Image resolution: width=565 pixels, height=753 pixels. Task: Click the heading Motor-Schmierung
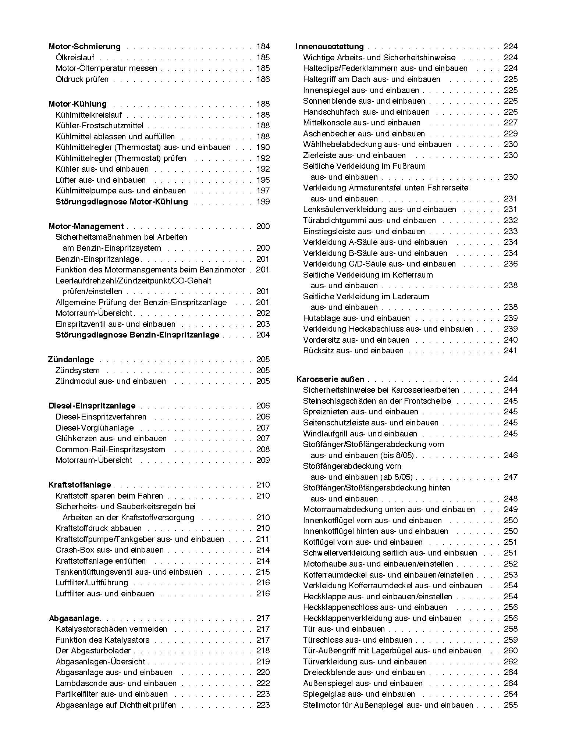84,47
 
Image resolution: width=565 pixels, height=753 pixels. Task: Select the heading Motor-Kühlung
77,104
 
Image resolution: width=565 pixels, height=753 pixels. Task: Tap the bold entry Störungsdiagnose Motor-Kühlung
121,202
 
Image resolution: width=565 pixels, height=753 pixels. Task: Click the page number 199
263,202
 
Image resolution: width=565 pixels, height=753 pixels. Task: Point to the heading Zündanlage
71,360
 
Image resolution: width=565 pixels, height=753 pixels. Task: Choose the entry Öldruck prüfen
82,79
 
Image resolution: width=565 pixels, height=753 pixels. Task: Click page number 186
263,79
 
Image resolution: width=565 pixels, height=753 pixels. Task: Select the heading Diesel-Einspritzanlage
92,406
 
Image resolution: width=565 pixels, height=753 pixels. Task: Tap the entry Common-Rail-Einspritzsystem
110,450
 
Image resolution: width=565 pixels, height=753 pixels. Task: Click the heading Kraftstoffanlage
79,485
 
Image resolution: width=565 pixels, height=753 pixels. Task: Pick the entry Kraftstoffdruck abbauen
99,528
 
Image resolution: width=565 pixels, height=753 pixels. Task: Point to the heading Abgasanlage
74,618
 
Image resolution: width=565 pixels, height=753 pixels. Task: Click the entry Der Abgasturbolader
93,651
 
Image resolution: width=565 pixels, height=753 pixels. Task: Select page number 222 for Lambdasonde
263,684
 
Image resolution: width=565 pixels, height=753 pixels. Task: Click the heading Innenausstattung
330,47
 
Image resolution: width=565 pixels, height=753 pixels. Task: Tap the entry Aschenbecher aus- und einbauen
364,134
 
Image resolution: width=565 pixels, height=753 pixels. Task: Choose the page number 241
511,351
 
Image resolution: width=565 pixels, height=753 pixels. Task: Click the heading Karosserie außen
330,379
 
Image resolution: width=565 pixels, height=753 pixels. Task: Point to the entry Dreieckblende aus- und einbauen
364,672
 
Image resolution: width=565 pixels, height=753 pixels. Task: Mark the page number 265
511,705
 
